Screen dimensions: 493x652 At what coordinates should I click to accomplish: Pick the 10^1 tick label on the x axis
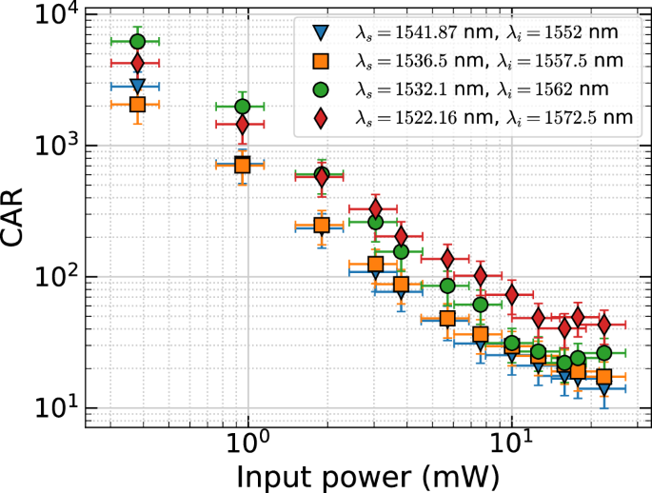click(x=512, y=442)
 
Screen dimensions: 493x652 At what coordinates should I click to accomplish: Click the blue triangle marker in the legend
click(x=322, y=33)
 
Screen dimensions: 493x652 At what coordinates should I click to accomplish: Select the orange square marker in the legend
click(x=322, y=62)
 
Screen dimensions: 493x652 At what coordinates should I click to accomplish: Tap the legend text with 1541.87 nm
click(x=486, y=33)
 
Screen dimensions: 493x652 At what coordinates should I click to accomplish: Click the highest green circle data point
click(x=137, y=41)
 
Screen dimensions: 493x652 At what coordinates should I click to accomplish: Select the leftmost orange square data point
click(x=137, y=104)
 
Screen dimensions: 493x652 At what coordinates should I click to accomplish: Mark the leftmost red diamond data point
click(x=137, y=64)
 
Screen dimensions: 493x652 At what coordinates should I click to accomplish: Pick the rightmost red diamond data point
click(x=603, y=325)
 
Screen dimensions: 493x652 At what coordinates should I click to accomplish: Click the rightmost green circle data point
click(x=603, y=353)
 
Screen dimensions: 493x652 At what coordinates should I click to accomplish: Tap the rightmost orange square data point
click(x=603, y=377)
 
